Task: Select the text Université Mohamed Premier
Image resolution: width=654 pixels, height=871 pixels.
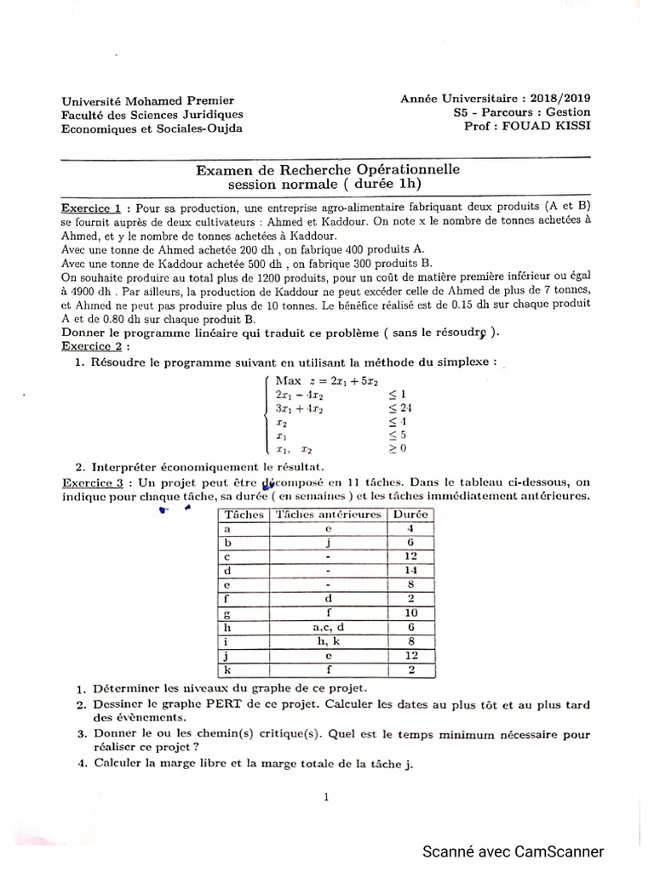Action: tap(147, 100)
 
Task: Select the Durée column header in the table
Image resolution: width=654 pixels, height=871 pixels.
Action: tap(411, 514)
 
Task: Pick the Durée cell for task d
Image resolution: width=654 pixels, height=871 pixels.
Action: tap(411, 570)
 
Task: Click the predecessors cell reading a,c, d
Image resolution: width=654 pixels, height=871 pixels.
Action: tap(327, 626)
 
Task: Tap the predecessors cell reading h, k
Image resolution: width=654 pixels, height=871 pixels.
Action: tap(327, 640)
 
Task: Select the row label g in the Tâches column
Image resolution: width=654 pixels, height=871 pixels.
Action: tap(227, 612)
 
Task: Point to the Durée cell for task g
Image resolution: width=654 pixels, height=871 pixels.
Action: tap(411, 612)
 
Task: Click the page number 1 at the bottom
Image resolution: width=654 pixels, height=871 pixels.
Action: tap(327, 796)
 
